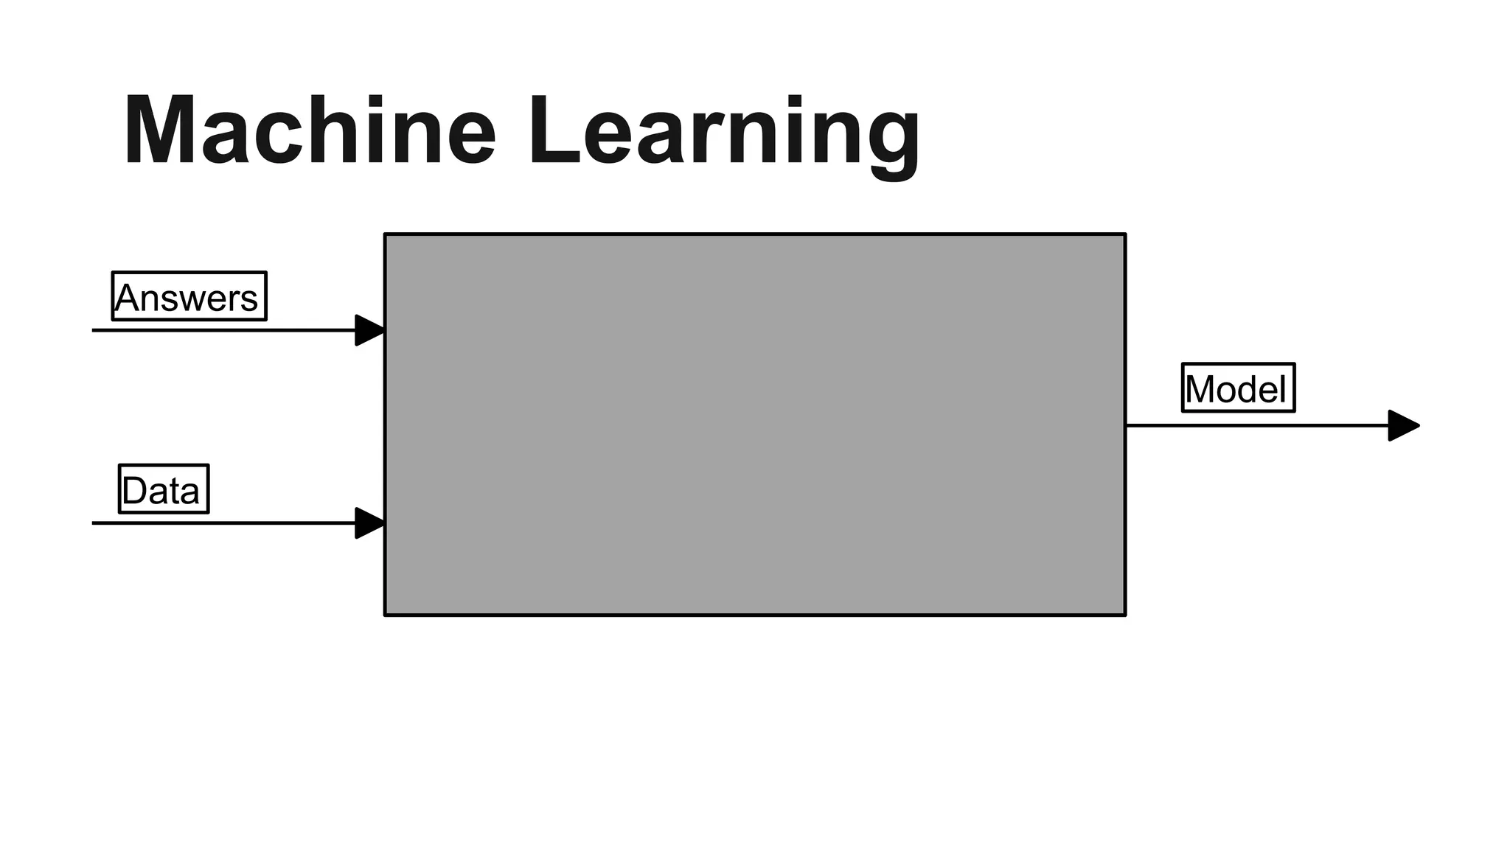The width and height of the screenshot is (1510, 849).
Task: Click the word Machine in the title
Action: pos(310,131)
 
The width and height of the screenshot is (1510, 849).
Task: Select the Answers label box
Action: pos(189,296)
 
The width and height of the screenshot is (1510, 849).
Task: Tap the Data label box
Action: pos(164,489)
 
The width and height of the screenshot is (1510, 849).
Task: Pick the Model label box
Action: pos(1238,388)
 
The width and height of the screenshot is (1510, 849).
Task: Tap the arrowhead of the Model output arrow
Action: pos(1403,426)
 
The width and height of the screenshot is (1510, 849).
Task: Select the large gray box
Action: pos(755,424)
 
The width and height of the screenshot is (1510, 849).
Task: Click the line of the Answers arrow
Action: pos(221,330)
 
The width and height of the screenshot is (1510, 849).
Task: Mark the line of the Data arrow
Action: pos(221,523)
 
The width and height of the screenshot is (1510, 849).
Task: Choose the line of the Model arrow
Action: pos(1253,425)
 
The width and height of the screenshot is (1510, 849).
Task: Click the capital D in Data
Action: pos(135,491)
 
